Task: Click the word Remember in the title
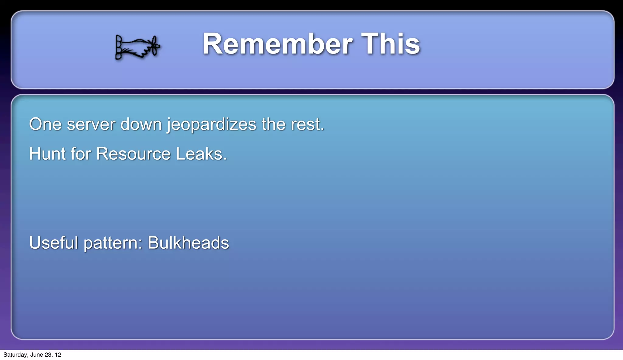coord(277,44)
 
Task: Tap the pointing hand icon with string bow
coord(137,47)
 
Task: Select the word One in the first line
coord(45,124)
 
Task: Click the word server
coord(91,124)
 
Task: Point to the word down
coord(141,124)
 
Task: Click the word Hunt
coord(47,154)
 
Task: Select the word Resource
coord(133,154)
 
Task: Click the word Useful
coord(54,243)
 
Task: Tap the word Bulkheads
coord(188,243)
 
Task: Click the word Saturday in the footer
coord(15,355)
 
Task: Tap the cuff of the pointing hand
coord(119,47)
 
